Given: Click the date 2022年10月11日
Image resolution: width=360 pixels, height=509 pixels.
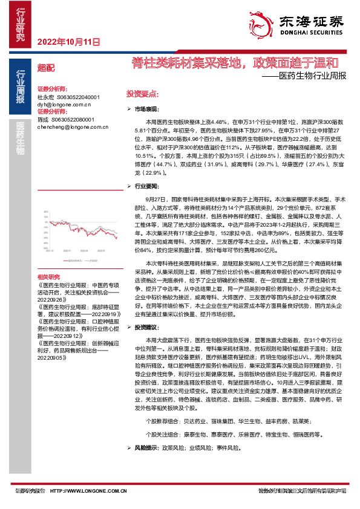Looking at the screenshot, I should pos(68,42).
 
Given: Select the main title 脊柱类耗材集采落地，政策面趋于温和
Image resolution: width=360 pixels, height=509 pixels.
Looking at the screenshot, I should pos(235,63).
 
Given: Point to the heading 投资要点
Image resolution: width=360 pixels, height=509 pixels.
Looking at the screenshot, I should pos(142,94).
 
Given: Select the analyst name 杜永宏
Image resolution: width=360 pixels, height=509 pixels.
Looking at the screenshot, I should pos(45,97).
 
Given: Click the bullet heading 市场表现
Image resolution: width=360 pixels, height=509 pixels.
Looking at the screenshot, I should pos(146,109).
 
